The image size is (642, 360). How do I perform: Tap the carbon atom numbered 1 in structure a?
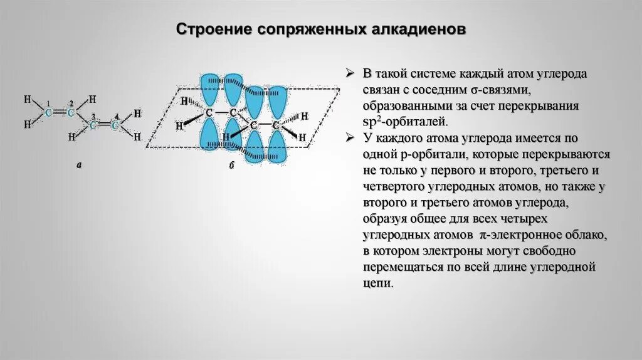[48, 112]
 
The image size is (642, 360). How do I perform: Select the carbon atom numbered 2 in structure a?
[71, 112]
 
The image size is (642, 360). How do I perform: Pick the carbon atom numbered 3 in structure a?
[93, 125]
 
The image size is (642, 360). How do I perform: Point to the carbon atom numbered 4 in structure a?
[115, 125]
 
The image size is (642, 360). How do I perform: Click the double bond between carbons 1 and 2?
[60, 112]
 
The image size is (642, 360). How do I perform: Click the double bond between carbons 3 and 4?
[104, 125]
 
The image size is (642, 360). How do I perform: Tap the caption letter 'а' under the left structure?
[79, 166]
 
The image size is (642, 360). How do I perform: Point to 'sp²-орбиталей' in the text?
[399, 122]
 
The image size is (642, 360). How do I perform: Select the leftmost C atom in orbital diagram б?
[209, 114]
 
